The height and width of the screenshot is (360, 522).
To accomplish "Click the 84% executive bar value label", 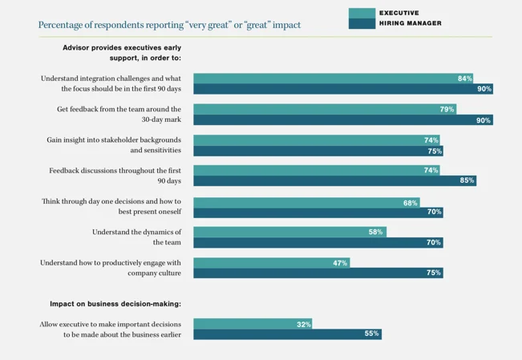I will [464, 79].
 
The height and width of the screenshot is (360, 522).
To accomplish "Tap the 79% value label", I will [447, 109].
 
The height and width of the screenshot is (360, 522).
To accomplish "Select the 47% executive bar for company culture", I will [271, 263].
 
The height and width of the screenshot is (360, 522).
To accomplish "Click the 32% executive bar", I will [253, 324].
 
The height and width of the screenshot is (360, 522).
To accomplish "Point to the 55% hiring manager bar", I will [287, 334].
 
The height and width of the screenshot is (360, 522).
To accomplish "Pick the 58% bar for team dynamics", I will [289, 232].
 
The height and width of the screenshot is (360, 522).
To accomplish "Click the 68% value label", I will [411, 203].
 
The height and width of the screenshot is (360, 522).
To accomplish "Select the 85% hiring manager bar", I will [334, 180].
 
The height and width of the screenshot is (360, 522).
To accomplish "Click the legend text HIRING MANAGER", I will [410, 23].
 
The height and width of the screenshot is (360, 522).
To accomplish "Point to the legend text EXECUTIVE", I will [399, 13].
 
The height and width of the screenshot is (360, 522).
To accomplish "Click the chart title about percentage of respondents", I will [169, 25].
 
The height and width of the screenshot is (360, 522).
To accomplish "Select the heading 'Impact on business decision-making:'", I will [115, 304].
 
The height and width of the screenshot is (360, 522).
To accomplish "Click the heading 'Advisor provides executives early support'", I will [122, 53].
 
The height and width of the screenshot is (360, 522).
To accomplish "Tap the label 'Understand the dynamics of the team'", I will [136, 237].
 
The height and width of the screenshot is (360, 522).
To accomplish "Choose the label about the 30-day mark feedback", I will [119, 114].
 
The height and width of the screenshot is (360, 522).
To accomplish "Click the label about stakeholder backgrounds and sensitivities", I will [114, 144].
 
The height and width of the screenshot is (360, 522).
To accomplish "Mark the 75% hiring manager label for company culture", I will [434, 273].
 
